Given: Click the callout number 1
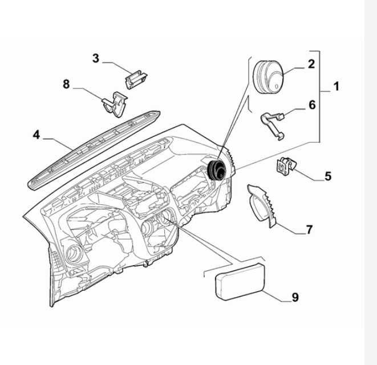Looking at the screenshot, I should (x=336, y=87).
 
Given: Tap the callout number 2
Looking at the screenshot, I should (x=311, y=63).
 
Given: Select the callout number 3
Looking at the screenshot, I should (x=96, y=58).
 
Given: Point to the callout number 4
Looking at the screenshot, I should (x=36, y=135).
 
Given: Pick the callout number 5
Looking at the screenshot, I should (x=328, y=176).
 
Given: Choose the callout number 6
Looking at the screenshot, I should (x=311, y=104).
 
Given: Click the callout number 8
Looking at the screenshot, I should (x=66, y=84).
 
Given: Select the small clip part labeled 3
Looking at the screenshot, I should (x=135, y=79).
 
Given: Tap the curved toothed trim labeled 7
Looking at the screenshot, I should (x=264, y=205).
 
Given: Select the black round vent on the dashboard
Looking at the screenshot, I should (x=217, y=169).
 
